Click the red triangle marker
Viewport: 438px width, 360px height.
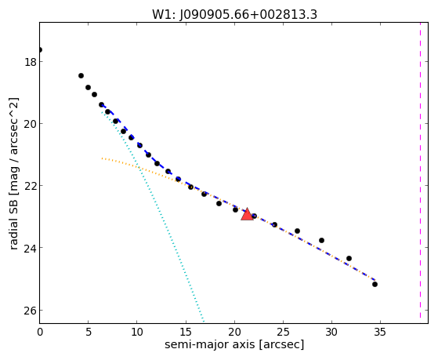click(247, 215)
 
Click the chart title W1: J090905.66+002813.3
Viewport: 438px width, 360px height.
click(234, 14)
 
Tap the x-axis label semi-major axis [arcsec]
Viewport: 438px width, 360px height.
click(234, 344)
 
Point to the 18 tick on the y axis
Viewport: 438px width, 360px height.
click(31, 62)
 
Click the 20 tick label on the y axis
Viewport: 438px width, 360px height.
click(31, 124)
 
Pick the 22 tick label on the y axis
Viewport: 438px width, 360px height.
click(31, 186)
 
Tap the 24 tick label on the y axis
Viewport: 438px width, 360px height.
click(31, 248)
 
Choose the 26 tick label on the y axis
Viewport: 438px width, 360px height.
click(31, 311)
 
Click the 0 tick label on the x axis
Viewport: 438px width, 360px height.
click(40, 332)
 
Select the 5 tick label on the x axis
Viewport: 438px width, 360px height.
click(89, 332)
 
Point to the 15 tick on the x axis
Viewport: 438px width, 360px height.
click(186, 332)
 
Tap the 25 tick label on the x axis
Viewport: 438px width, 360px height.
click(283, 332)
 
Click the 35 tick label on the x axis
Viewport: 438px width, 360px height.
click(380, 332)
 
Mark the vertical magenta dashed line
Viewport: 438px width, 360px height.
click(420, 170)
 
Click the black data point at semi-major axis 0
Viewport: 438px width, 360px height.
click(40, 49)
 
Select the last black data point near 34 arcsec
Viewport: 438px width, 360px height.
click(375, 284)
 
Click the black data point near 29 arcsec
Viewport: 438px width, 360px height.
click(321, 240)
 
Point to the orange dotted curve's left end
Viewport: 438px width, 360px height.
click(102, 158)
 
